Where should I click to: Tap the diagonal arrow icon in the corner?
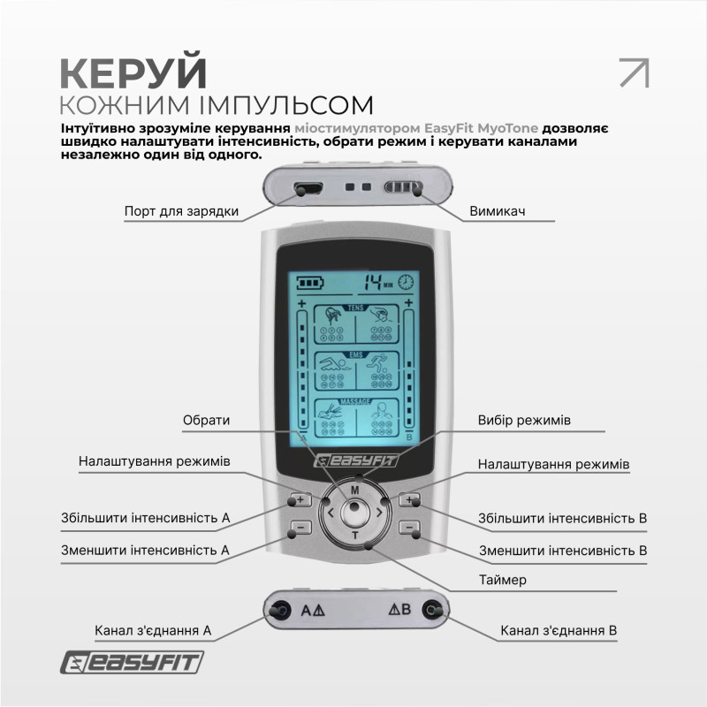pyautogui.click(x=634, y=72)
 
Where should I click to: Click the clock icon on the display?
pyautogui.click(x=406, y=283)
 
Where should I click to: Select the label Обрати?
pyautogui.click(x=206, y=421)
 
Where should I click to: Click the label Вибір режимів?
pyautogui.click(x=524, y=420)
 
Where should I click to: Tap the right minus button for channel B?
pyautogui.click(x=408, y=528)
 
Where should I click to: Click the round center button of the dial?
pyautogui.click(x=354, y=510)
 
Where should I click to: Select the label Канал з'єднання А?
pyautogui.click(x=153, y=631)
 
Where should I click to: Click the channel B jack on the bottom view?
pyautogui.click(x=431, y=609)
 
